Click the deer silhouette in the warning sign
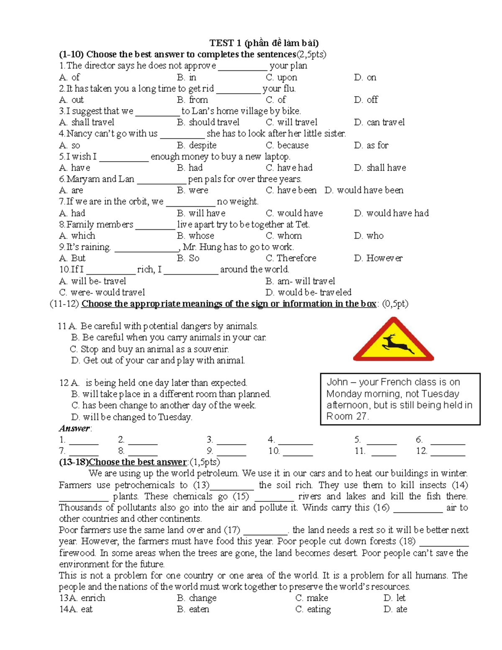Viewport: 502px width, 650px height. [x=394, y=343]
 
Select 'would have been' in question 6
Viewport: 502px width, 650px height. [x=370, y=190]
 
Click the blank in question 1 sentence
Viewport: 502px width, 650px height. [x=242, y=67]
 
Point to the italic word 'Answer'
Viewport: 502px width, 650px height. [x=74, y=428]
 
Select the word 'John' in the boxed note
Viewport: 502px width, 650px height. [x=337, y=382]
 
